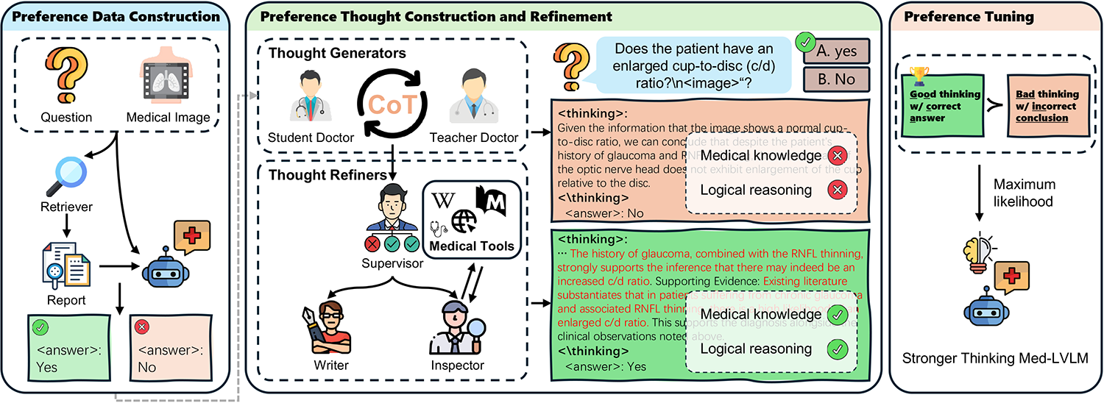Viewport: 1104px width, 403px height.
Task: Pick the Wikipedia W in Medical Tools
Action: point(443,199)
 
